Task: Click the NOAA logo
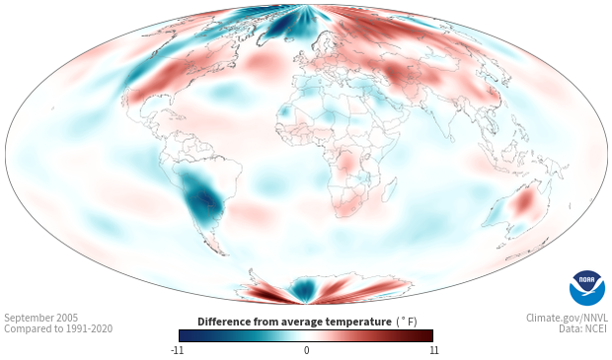pos(587,287)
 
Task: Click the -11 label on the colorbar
pos(177,350)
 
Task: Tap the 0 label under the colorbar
pos(306,350)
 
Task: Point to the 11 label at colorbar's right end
pos(434,350)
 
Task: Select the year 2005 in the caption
pos(67,318)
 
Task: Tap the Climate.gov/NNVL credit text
pos(567,318)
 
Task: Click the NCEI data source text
pos(596,328)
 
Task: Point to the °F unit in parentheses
pos(407,323)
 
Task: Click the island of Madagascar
pos(390,189)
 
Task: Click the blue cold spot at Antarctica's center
pos(304,289)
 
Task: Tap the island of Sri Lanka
pos(452,138)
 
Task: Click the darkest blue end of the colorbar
pos(183,335)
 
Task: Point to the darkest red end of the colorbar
pos(429,335)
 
